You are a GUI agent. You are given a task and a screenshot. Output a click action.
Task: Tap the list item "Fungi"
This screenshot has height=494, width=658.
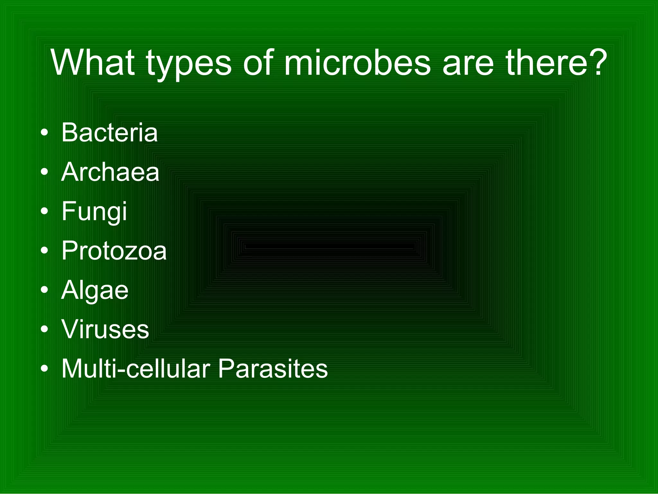click(x=94, y=212)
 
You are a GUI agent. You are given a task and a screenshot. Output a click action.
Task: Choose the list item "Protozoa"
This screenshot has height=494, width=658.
click(x=114, y=251)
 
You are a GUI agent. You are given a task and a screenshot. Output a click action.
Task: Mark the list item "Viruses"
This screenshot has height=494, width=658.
click(x=105, y=329)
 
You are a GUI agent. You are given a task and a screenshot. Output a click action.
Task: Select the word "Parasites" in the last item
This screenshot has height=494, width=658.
click(x=273, y=369)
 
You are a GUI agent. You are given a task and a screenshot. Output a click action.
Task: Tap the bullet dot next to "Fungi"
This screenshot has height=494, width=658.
click(x=45, y=211)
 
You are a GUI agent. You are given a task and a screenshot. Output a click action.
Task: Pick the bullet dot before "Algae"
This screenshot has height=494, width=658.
click(x=45, y=290)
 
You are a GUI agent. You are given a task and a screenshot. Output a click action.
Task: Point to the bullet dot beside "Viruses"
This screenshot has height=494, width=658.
click(x=45, y=329)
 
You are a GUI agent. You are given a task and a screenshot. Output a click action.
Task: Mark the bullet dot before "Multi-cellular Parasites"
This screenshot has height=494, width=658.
click(x=45, y=369)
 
